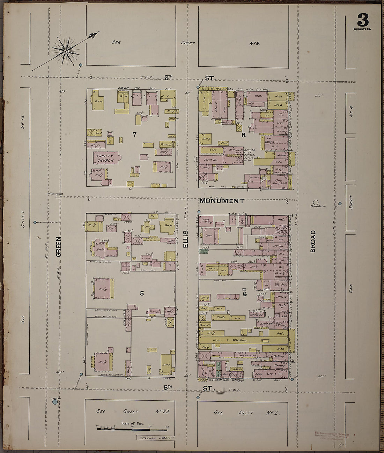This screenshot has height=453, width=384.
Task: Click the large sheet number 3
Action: click(363, 20)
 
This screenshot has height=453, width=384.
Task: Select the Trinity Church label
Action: click(105, 158)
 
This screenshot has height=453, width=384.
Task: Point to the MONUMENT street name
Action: click(222, 201)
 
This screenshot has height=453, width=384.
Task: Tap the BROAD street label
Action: click(313, 241)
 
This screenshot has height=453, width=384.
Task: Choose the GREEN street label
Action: click(58, 247)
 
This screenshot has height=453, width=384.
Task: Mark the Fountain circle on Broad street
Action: click(316, 202)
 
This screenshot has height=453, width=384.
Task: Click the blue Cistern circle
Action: click(55, 402)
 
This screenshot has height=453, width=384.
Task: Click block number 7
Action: click(134, 134)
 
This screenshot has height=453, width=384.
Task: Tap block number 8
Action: click(243, 135)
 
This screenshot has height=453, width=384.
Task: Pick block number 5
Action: click(142, 293)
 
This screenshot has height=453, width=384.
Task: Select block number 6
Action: click(245, 294)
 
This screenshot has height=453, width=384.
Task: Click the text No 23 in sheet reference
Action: click(162, 411)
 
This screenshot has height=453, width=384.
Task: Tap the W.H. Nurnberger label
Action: click(241, 147)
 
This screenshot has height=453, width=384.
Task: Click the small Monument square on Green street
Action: click(58, 196)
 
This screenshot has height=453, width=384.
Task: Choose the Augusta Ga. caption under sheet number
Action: click(363, 29)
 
